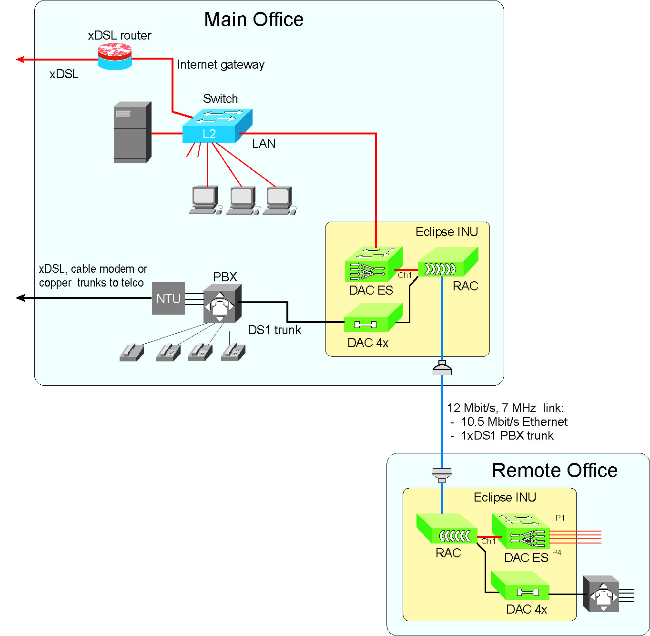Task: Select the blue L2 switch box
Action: point(217,127)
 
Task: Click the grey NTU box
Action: point(168,298)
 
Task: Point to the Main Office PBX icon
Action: point(222,304)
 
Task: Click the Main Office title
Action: point(254,20)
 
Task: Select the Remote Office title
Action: point(554,471)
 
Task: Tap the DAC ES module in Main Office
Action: point(373,265)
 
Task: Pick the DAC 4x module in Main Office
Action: point(373,318)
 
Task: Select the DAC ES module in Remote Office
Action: point(520,532)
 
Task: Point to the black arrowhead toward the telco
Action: point(20,298)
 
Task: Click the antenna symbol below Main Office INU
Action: point(442,368)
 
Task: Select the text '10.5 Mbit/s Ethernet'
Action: point(514,422)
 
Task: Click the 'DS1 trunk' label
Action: point(274,330)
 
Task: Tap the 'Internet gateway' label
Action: point(220,65)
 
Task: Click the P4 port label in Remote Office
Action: point(557,553)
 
